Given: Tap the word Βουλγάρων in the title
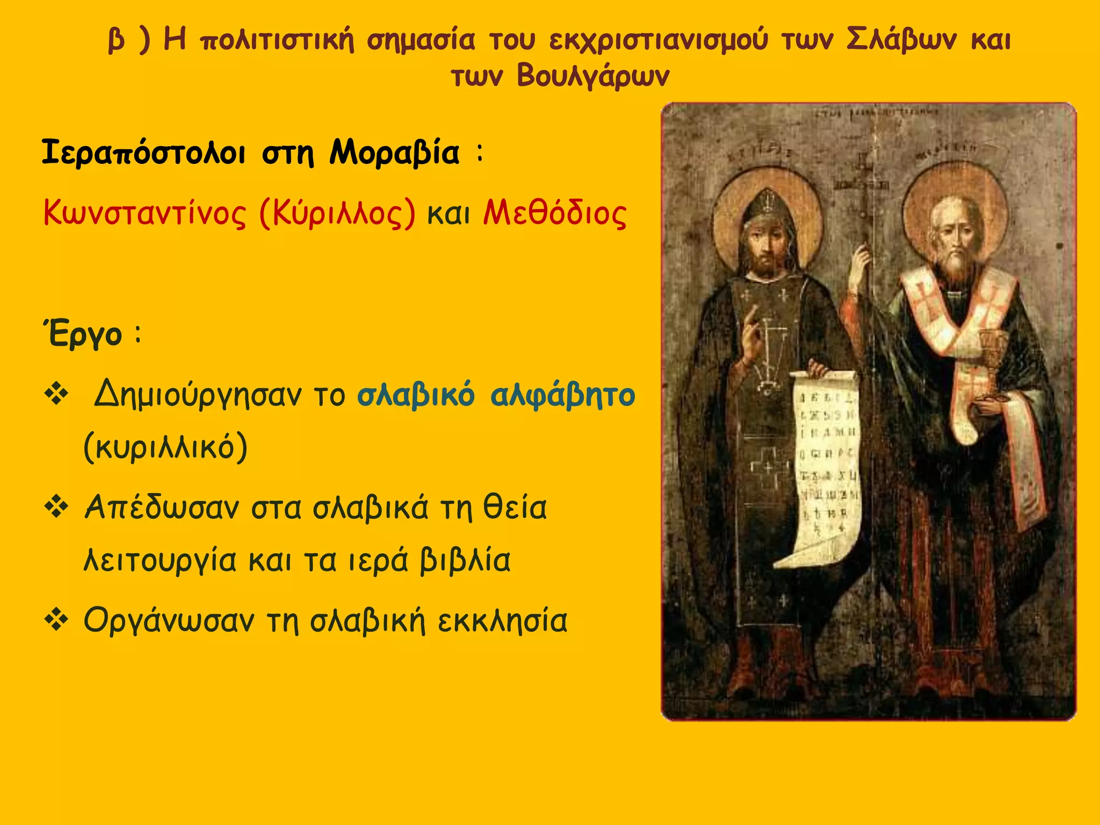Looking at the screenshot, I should [593, 76].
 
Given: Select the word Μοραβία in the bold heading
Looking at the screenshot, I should [394, 153].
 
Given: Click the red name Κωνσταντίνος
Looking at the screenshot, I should [144, 213].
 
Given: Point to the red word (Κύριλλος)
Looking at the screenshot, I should [337, 213].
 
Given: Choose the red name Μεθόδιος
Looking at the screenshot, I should [555, 213].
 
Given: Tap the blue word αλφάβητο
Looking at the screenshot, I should [562, 395].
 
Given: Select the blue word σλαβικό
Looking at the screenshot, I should [416, 395].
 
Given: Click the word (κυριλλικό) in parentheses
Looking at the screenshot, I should [165, 447].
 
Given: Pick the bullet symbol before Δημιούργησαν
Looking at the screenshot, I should [56, 395].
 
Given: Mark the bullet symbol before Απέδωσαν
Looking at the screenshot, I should [56, 508].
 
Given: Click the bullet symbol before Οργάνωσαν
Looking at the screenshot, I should [56, 620].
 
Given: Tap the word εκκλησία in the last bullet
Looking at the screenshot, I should [502, 621].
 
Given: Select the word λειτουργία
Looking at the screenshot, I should [160, 561].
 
